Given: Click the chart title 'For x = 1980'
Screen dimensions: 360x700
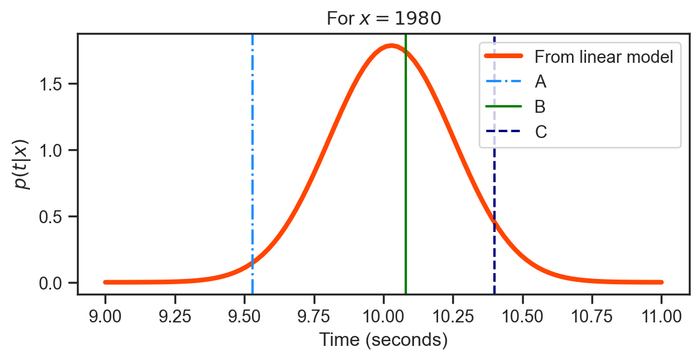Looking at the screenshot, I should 383,19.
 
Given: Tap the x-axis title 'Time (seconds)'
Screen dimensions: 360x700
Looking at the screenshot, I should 383,340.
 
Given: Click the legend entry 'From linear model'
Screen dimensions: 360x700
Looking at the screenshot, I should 603,57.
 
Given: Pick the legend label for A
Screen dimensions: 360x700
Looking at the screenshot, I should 541,82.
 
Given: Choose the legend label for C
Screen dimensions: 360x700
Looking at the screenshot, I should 541,132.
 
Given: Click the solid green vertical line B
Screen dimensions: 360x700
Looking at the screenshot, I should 406,176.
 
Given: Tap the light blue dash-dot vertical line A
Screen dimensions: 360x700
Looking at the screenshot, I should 253,176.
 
